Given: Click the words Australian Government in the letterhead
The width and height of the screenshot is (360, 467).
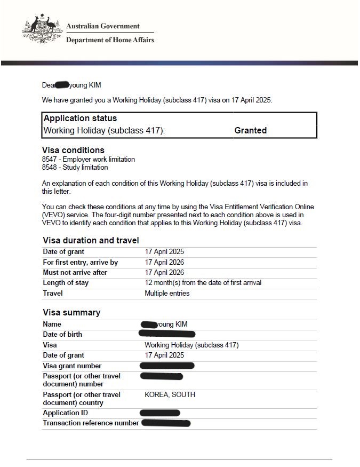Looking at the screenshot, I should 103,26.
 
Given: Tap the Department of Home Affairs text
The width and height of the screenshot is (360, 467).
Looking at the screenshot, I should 110,40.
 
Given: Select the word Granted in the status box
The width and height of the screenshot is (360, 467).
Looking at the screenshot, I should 250,130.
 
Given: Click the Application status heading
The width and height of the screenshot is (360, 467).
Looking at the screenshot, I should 80,118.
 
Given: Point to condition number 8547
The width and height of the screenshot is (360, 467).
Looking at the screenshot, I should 49,160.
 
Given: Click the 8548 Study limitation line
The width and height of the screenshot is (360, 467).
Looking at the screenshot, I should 75,168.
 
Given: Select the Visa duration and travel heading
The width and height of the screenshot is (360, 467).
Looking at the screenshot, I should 91,241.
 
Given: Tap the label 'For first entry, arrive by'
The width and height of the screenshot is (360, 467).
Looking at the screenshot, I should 81,263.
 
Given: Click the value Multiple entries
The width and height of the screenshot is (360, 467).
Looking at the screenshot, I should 167,294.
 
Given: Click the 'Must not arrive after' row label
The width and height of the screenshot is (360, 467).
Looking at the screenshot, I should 75,273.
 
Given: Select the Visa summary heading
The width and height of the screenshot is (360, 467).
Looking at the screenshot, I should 71,313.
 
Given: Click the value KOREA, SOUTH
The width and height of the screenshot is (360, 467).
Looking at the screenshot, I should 170,395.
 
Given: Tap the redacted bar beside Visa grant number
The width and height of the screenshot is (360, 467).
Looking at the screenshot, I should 166,366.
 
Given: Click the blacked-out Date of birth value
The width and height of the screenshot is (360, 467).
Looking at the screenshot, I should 166,335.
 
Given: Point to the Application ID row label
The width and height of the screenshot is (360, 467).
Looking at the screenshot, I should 66,413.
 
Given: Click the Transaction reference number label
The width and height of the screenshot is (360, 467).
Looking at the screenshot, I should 91,423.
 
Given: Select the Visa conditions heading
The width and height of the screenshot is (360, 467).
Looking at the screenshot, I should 73,151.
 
